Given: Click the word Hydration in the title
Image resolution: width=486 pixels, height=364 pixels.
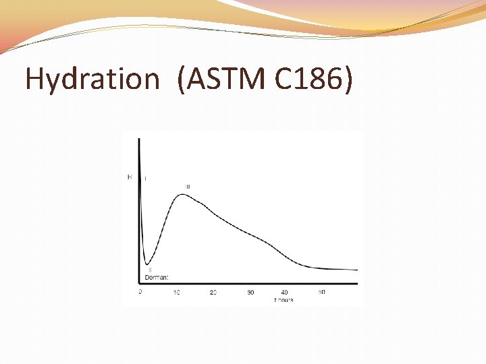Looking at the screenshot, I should coord(91,79).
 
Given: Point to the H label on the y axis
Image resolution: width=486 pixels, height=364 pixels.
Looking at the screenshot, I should coord(130,177).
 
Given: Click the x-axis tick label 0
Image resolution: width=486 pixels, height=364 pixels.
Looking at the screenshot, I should coord(140,292).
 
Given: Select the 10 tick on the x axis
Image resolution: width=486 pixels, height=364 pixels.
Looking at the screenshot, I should coord(177,292).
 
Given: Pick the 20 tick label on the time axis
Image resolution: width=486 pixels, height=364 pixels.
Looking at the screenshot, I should coord(213,292).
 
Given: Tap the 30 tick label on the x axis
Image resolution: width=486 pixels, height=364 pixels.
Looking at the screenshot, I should coord(250,292).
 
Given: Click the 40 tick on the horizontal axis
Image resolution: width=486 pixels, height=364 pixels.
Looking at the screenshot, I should coord(285,292).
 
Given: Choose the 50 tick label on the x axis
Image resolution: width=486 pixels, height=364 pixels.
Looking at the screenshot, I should coord(322,292).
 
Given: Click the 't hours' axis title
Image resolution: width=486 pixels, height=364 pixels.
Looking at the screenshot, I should coord(283,300).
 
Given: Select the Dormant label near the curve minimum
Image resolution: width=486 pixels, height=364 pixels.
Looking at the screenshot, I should coord(157,277).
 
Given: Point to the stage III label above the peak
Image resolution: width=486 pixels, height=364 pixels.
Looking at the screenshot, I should coord(188,187).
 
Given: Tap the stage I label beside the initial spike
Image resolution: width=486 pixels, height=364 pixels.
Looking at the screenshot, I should coord(146,179).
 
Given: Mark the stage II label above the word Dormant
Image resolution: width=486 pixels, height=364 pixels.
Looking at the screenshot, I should coord(150,270).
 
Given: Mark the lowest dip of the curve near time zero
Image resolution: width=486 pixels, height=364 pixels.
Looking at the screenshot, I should coord(146,264).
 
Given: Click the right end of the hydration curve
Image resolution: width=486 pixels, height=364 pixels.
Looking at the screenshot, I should coord(356,270).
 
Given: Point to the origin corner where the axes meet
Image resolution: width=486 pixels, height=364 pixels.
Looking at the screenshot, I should coord(139,283).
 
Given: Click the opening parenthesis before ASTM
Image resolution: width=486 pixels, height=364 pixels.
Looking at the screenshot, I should coord(182,80).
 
